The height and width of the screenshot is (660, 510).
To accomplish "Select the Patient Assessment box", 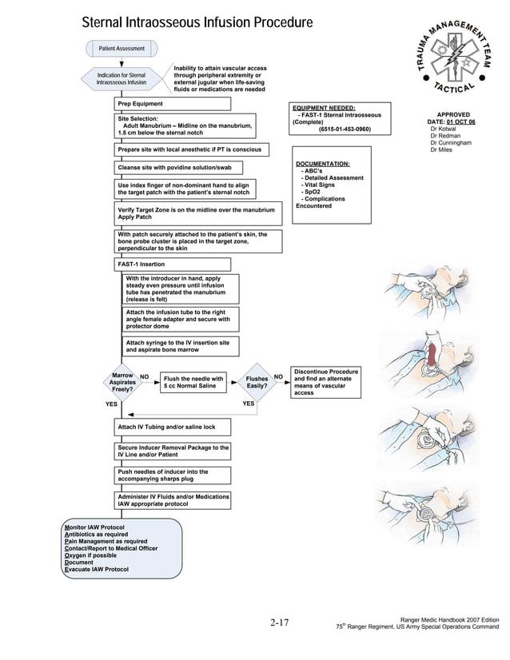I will (122, 50).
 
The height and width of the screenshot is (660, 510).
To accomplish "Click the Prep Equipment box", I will (141, 105).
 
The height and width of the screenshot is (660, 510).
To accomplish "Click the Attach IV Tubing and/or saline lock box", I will (167, 427).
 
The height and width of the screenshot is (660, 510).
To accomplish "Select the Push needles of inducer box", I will (163, 476).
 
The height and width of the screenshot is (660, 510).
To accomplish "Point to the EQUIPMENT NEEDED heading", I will (324, 108).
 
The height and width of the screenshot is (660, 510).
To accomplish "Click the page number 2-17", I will (279, 622).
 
